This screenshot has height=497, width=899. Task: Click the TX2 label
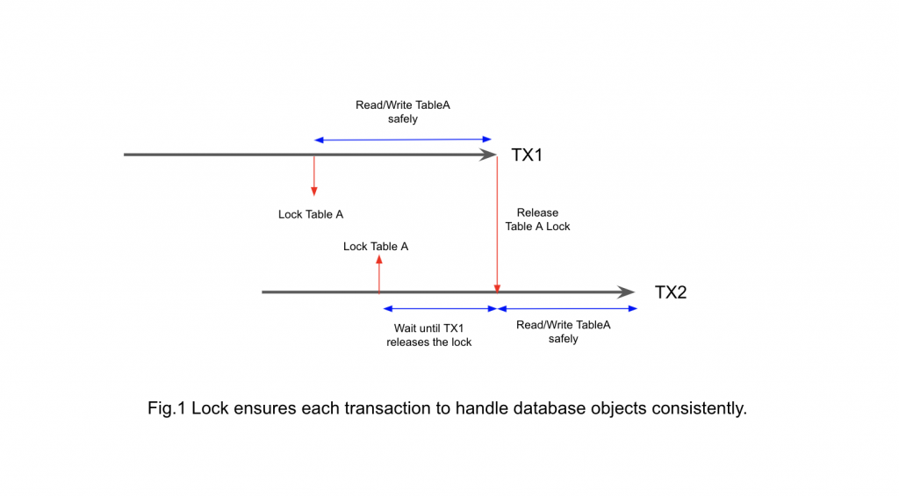click(x=671, y=292)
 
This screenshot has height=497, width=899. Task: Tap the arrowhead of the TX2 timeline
click(x=627, y=292)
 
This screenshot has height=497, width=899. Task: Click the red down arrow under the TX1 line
click(x=313, y=176)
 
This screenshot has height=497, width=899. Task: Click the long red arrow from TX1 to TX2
click(x=498, y=224)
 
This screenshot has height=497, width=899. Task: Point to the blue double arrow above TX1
click(x=404, y=140)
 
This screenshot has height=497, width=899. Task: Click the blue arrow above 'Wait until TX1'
click(x=439, y=309)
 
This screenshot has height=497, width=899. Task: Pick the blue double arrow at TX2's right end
click(x=567, y=309)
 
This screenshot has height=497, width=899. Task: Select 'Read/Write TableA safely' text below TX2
click(x=564, y=332)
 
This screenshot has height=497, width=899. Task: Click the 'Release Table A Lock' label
click(x=537, y=220)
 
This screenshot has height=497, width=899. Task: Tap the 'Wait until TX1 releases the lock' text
click(x=428, y=335)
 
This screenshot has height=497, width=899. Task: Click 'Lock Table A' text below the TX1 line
click(x=311, y=214)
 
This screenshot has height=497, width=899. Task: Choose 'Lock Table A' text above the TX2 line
click(x=376, y=247)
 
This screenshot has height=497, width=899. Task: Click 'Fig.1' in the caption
click(x=166, y=409)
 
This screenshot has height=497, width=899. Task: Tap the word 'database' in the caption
click(x=552, y=409)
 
